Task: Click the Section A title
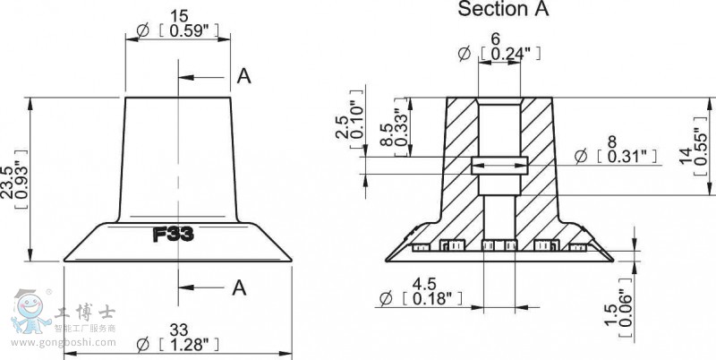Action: point(503,10)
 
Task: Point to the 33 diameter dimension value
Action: point(177,328)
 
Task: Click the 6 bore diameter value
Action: point(495,39)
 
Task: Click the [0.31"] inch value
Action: point(626,157)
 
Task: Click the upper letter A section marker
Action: point(243,77)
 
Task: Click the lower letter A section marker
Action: point(240,287)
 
